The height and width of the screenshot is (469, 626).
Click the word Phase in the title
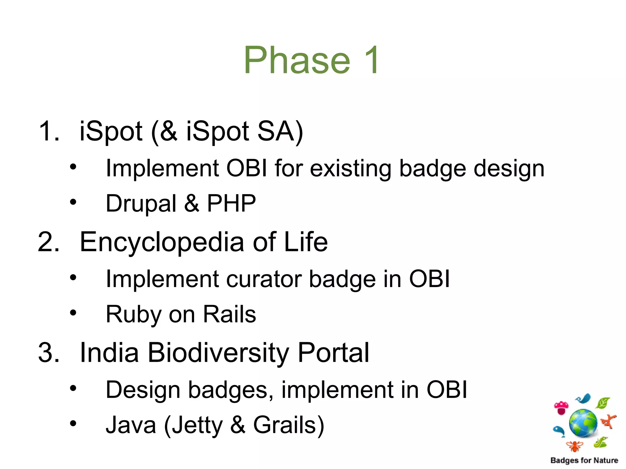[x=296, y=60]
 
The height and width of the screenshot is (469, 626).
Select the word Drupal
[x=141, y=204]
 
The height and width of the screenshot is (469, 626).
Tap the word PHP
[x=231, y=203]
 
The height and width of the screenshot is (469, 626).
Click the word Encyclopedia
[x=162, y=242]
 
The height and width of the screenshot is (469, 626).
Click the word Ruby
[x=133, y=314]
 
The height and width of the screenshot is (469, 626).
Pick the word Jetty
[x=197, y=425]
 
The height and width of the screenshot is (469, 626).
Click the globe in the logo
[x=583, y=423]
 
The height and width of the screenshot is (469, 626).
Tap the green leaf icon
[x=602, y=403]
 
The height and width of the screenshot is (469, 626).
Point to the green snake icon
[x=600, y=442]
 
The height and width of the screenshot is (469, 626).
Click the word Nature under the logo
[x=606, y=460]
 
